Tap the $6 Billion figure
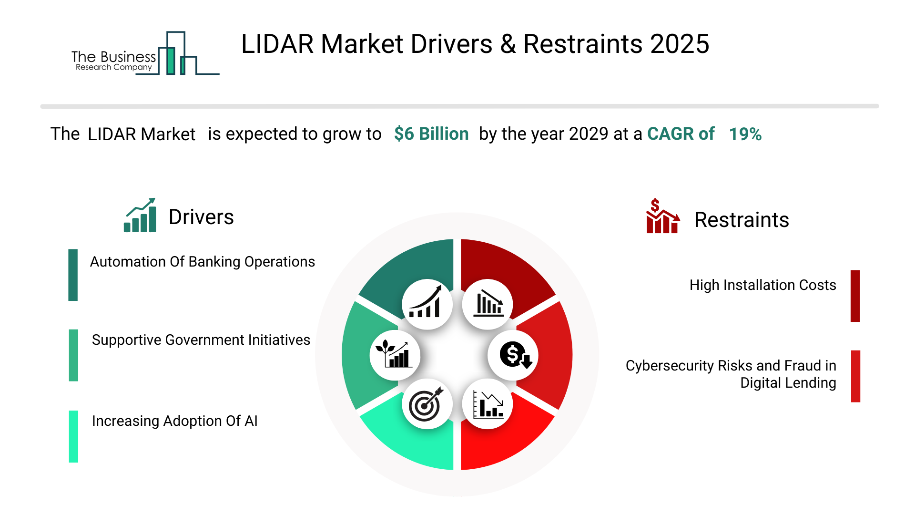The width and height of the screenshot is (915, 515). tap(431, 134)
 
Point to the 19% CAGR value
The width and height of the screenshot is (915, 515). tap(745, 134)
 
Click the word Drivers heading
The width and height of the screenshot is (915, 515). tap(201, 217)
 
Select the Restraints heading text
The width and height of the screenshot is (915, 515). tap(741, 220)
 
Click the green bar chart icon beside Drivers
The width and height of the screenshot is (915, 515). tap(140, 216)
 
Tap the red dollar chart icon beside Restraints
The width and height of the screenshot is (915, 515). tap(662, 217)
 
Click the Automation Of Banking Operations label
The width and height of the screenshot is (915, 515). tap(202, 262)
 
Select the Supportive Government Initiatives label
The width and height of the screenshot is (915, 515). tap(201, 340)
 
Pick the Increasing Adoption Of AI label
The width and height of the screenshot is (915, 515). tap(174, 421)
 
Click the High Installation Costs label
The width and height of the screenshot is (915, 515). tap(762, 285)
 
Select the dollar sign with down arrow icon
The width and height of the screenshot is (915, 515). tap(514, 355)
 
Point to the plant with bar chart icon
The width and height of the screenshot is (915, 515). tap(395, 355)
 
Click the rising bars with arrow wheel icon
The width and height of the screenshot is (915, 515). tap(427, 304)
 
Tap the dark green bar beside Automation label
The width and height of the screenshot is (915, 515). tap(73, 275)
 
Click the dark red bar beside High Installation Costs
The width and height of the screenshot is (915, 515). tap(855, 296)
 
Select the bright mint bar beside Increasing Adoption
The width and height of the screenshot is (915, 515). tap(73, 436)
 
